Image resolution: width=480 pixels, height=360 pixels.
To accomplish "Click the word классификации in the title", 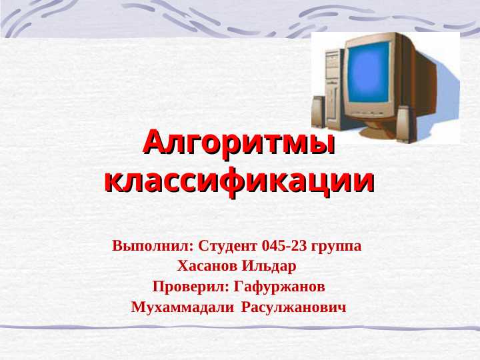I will click(239, 181).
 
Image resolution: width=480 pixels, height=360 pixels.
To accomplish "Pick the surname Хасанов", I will click(207, 267).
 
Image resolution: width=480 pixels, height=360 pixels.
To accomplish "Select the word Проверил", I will click(189, 287).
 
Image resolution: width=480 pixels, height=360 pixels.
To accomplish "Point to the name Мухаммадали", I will click(183, 308).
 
